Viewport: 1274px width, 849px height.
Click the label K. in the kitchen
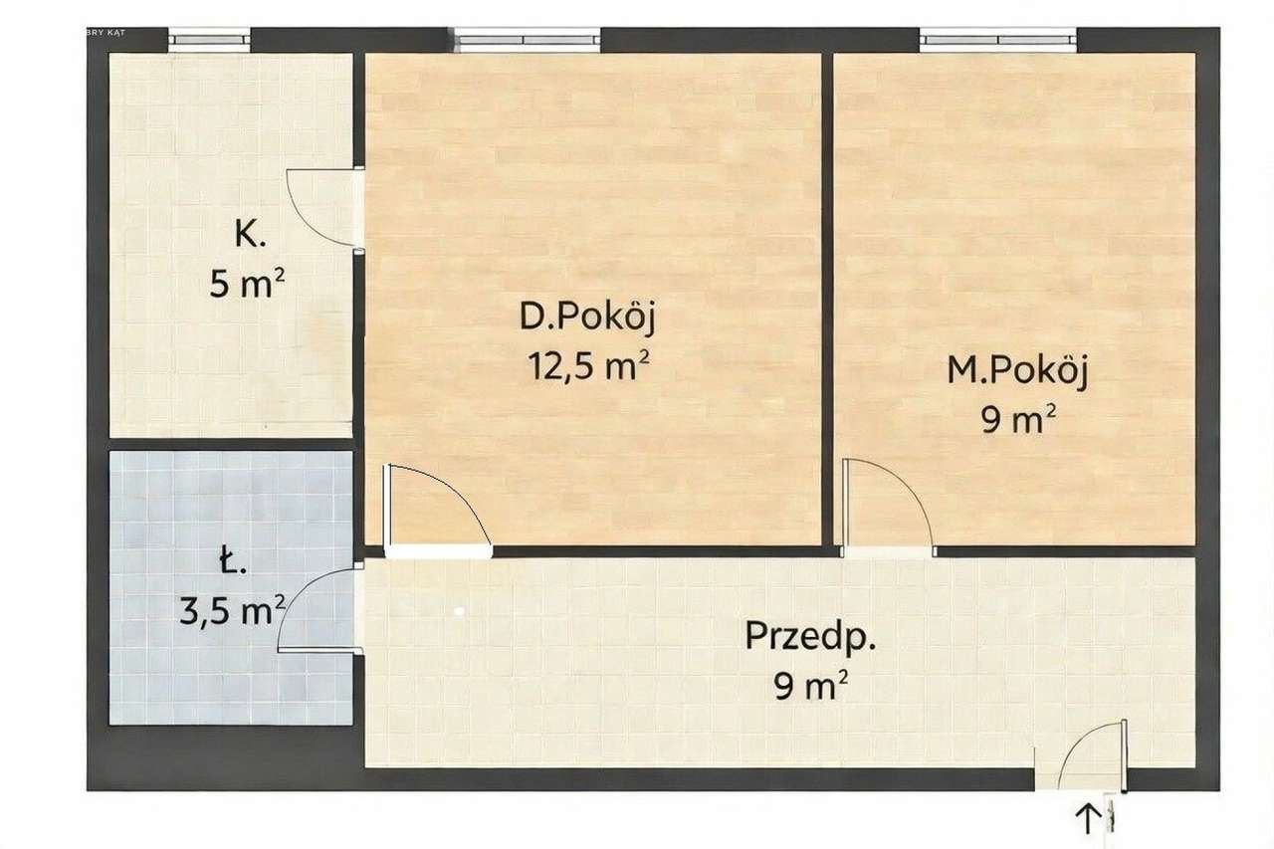click(x=249, y=236)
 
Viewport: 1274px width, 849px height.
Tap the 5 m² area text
click(x=248, y=285)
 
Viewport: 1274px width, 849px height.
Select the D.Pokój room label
click(x=588, y=318)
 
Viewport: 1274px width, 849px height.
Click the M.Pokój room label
click(x=1017, y=371)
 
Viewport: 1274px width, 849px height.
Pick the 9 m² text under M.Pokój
click(x=1017, y=420)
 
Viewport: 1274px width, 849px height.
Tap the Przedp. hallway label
click(x=811, y=636)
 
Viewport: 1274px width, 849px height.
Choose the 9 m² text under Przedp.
click(x=811, y=685)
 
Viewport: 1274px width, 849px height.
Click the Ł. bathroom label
click(x=231, y=564)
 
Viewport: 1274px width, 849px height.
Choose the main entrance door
click(x=1093, y=756)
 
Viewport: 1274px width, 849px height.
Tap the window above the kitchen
click(x=208, y=40)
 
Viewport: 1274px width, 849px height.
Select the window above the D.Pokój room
click(x=528, y=40)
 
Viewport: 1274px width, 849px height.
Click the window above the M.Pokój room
click(x=997, y=40)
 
